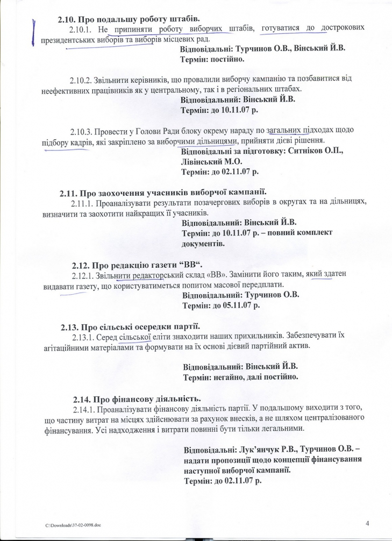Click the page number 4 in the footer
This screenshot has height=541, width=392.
click(x=368, y=522)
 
